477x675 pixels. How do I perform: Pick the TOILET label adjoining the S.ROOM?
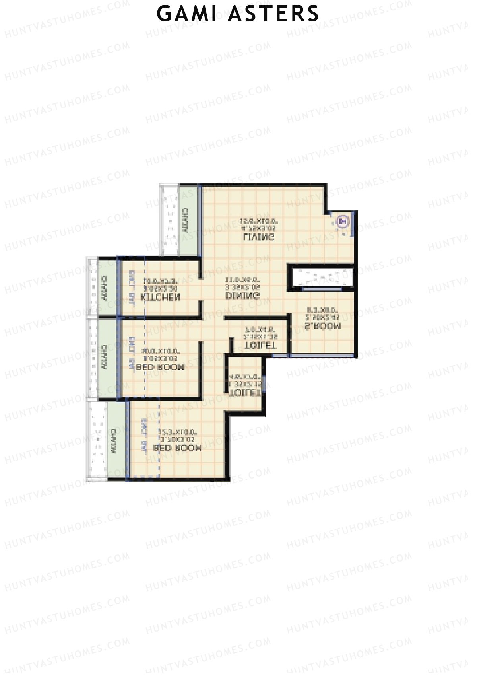[260, 346]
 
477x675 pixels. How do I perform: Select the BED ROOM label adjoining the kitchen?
[160, 367]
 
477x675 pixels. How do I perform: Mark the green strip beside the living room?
[189, 220]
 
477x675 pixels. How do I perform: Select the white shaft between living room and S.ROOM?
[321, 277]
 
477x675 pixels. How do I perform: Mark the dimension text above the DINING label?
[242, 283]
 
